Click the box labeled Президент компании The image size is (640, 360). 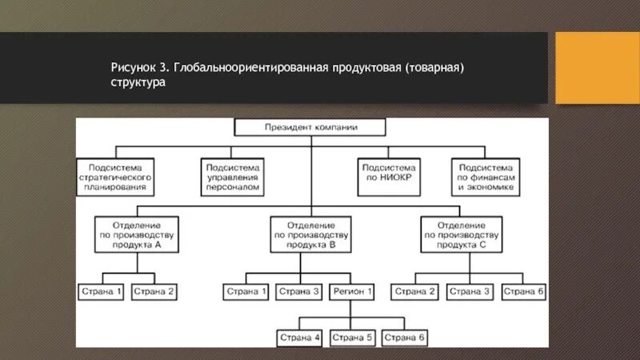(310, 127)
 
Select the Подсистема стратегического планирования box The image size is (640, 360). (117, 177)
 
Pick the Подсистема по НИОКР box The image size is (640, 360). (386, 177)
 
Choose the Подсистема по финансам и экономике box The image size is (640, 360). (486, 177)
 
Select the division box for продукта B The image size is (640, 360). (310, 234)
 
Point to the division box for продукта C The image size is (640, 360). (460, 234)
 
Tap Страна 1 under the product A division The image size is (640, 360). (101, 292)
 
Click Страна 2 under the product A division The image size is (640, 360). (154, 292)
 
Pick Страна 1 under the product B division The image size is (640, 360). (246, 292)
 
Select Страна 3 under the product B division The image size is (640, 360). (299, 292)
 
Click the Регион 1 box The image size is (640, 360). (352, 292)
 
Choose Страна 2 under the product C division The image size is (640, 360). (415, 292)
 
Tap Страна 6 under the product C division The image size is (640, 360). (524, 292)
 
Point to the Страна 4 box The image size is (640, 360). (299, 338)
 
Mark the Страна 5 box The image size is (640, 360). (352, 338)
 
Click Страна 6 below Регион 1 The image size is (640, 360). (406, 338)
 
